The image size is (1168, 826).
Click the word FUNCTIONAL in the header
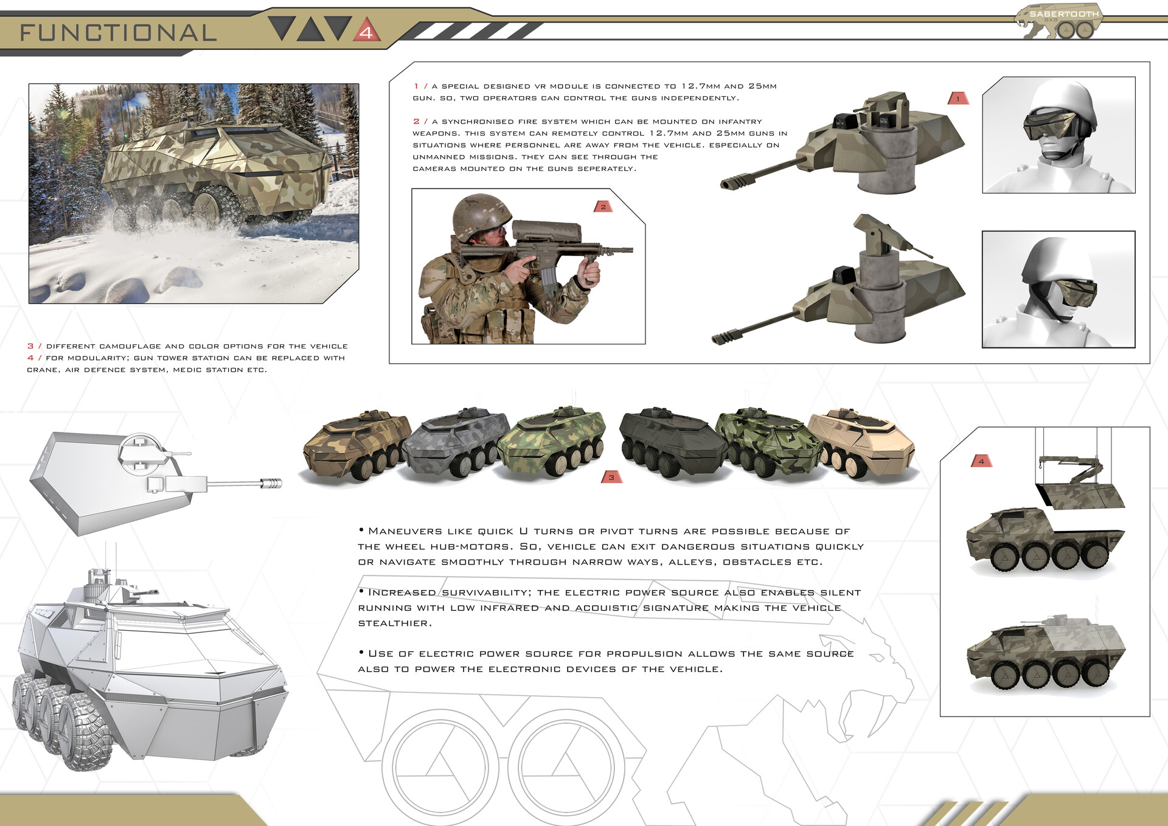[119, 33]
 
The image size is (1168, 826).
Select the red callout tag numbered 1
[958, 99]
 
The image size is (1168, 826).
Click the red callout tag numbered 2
[603, 207]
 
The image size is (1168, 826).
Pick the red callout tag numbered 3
[611, 477]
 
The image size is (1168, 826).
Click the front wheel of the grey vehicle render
[85, 733]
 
